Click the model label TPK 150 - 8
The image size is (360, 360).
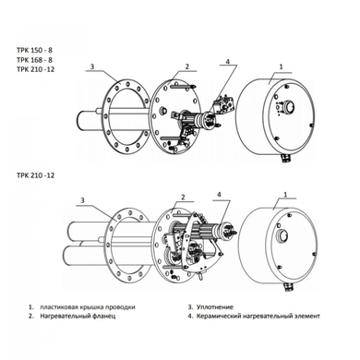(x=34, y=50)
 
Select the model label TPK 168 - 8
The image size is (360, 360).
(x=34, y=60)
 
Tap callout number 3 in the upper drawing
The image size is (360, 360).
(x=92, y=66)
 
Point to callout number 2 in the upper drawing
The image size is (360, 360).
(x=186, y=66)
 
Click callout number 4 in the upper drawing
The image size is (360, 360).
(x=228, y=62)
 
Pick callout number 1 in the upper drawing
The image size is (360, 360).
(x=281, y=66)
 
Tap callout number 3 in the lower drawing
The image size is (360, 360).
(x=82, y=200)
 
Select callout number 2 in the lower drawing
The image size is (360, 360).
(x=183, y=197)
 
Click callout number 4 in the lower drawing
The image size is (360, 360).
(x=219, y=195)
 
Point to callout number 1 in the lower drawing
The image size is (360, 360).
(x=285, y=195)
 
